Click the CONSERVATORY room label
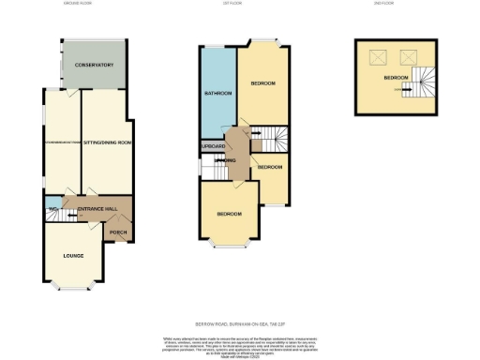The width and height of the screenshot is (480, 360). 96,65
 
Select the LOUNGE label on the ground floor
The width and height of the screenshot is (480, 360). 74,255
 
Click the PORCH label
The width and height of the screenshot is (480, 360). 118,232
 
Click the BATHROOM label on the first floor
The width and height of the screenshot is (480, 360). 217,95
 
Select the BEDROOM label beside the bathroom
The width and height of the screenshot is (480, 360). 263,84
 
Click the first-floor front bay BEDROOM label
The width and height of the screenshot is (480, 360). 230,213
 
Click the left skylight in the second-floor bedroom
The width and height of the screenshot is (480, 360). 374,56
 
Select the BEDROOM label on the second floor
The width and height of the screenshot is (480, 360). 394,78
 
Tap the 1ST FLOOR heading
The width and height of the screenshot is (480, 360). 240,4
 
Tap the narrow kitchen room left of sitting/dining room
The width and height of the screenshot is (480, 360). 61,142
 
